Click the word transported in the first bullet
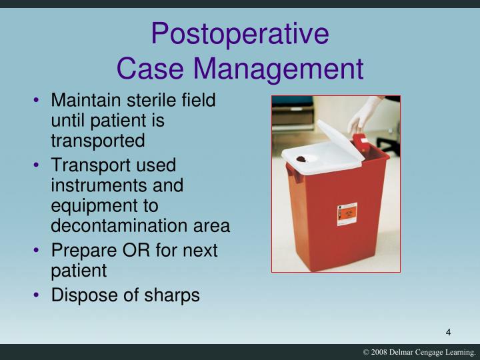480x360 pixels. [x=97, y=141]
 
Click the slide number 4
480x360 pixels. [x=449, y=333]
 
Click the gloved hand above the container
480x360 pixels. [x=364, y=113]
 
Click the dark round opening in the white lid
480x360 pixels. [x=307, y=158]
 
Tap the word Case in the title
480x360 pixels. [x=153, y=69]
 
